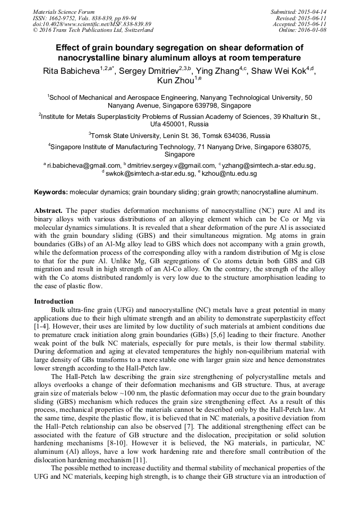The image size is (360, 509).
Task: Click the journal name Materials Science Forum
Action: pos(64,11)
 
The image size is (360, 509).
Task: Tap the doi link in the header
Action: pos(92,24)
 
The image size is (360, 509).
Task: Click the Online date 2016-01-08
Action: pos(313,30)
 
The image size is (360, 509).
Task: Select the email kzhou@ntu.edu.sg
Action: pos(229,174)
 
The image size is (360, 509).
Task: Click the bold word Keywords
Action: pos(51,192)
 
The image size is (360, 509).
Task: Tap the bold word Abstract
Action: pos(51,210)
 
